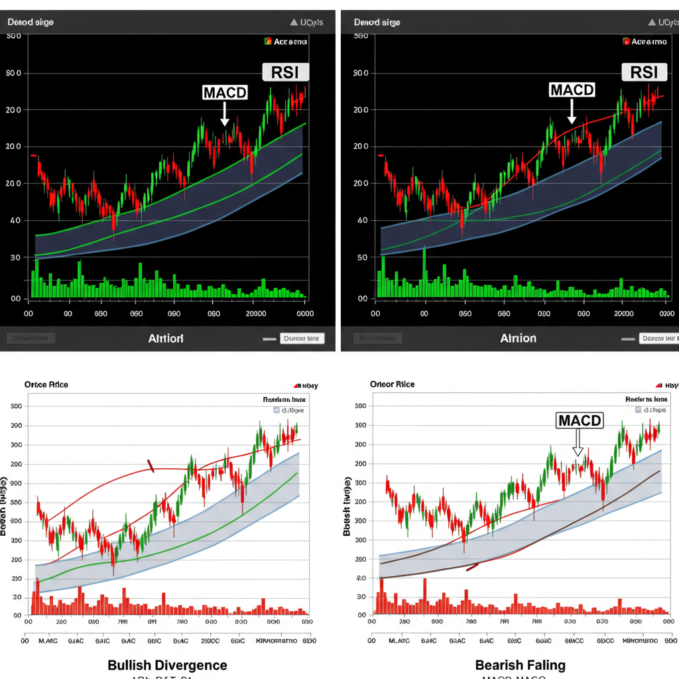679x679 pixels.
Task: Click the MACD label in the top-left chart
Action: (225, 92)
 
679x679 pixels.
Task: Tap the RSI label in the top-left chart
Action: (285, 72)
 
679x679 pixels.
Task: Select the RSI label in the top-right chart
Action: (644, 72)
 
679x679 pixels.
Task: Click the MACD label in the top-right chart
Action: (572, 90)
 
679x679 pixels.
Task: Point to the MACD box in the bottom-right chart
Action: (580, 420)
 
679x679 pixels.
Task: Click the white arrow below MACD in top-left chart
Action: (225, 114)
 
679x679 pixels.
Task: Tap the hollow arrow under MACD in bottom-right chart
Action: (578, 443)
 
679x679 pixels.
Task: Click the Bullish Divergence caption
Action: (167, 665)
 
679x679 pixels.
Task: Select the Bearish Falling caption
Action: (520, 665)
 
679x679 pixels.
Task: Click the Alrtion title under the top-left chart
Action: (166, 338)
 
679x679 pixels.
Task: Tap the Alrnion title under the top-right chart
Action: (518, 338)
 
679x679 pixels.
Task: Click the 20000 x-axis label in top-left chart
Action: (255, 314)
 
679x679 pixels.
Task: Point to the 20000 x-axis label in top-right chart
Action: (623, 314)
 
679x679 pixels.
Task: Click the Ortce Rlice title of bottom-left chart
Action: (46, 385)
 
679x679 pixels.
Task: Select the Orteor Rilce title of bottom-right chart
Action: (392, 385)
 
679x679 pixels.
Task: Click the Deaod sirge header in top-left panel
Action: (31, 22)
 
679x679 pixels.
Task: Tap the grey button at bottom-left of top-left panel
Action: (31, 338)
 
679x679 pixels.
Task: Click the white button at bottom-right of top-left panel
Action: (302, 338)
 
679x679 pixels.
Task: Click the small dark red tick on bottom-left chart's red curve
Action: (151, 466)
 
